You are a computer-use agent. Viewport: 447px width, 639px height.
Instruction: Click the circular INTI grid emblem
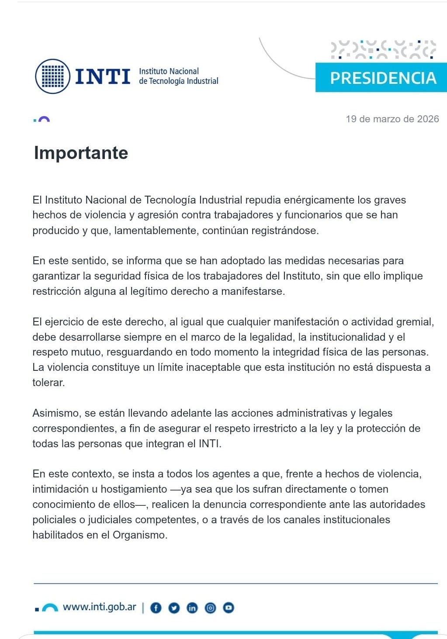pyautogui.click(x=52, y=76)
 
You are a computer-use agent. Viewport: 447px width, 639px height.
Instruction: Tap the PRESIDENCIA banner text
pyautogui.click(x=383, y=78)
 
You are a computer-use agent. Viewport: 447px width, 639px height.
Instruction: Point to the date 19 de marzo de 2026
pyautogui.click(x=392, y=119)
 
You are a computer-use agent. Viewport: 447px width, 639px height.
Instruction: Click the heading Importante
pyautogui.click(x=81, y=153)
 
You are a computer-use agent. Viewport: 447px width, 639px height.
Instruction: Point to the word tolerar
pyautogui.click(x=48, y=383)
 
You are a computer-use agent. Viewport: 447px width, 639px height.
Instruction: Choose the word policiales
pyautogui.click(x=54, y=520)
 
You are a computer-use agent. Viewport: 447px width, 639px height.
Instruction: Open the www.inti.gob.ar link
pyautogui.click(x=99, y=607)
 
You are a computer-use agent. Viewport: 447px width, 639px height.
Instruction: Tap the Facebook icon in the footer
pyautogui.click(x=156, y=608)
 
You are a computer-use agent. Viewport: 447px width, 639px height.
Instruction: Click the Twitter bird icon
pyautogui.click(x=174, y=608)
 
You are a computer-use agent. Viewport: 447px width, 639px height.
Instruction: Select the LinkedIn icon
pyautogui.click(x=192, y=608)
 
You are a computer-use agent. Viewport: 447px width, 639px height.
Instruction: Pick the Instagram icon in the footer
pyautogui.click(x=210, y=608)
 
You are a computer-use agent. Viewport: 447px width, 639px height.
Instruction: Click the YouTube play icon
pyautogui.click(x=229, y=608)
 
